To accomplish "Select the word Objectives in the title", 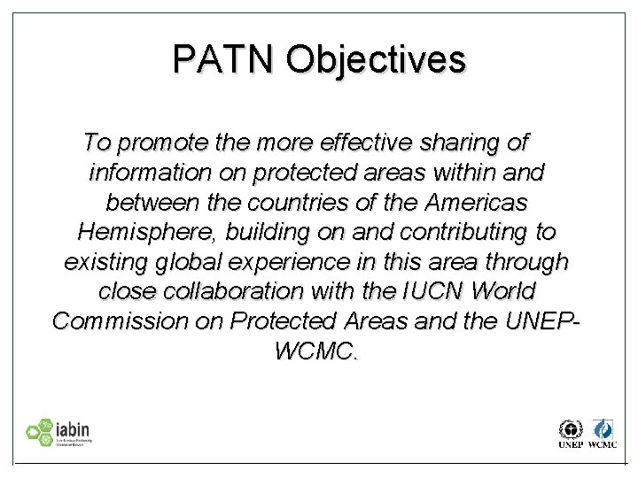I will [x=377, y=59].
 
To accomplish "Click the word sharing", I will [x=461, y=143].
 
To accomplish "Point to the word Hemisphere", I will [x=146, y=233].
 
